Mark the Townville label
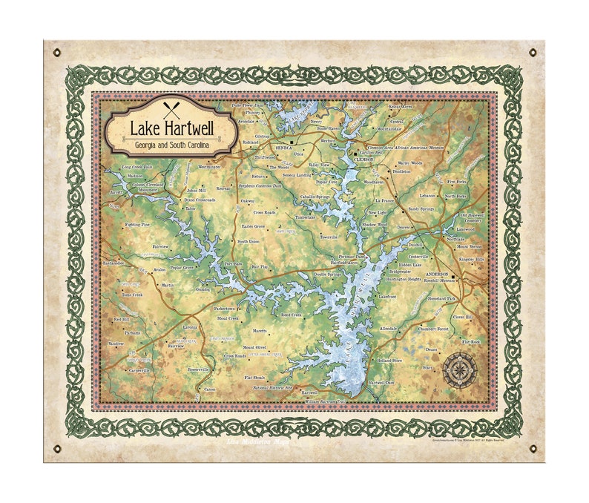(x=329, y=237)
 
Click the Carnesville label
(x=139, y=369)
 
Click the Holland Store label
(x=389, y=360)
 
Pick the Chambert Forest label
(x=434, y=328)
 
